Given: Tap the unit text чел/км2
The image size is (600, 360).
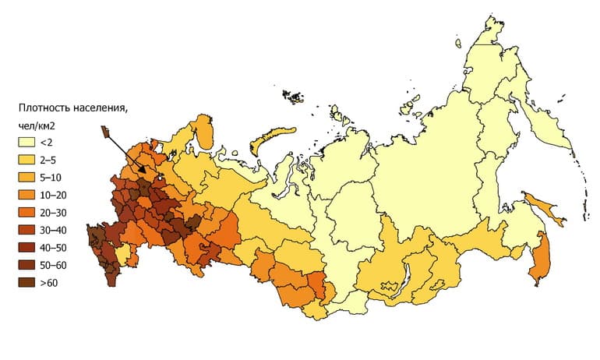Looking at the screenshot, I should [x=40, y=125].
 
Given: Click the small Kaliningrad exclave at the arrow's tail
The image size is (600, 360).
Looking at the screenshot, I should [x=104, y=132].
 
